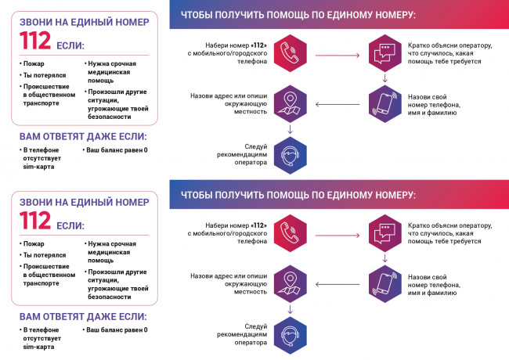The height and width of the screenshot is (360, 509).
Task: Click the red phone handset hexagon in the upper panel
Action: coord(291,53)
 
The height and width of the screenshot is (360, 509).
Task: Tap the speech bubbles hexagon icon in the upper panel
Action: coord(385,53)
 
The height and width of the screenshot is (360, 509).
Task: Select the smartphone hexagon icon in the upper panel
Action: coord(385,104)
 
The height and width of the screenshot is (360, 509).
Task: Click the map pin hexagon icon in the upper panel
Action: coord(291,104)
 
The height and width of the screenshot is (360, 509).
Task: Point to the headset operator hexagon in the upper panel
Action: coord(291,155)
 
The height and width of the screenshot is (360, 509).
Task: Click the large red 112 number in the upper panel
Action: coord(35,40)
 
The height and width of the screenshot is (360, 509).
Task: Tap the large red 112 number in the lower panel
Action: coord(35,220)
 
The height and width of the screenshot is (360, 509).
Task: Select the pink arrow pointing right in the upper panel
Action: coord(338,56)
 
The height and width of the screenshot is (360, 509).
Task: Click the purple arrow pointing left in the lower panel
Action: coord(338,284)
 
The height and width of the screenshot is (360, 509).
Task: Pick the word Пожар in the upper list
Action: coord(34,63)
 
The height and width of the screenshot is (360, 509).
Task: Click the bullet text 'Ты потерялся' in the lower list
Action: coord(45,255)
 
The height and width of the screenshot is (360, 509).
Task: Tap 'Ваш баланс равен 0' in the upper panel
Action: coord(117,149)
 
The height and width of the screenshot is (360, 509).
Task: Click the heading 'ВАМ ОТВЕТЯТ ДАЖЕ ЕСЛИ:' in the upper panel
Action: coord(83,136)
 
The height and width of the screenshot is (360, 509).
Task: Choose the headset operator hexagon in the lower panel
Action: coord(291,336)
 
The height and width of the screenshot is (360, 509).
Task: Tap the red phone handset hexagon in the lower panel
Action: coord(291,233)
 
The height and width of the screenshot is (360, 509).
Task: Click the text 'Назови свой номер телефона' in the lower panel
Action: coord(434,281)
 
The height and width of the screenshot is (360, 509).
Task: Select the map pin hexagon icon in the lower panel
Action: coord(291,284)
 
